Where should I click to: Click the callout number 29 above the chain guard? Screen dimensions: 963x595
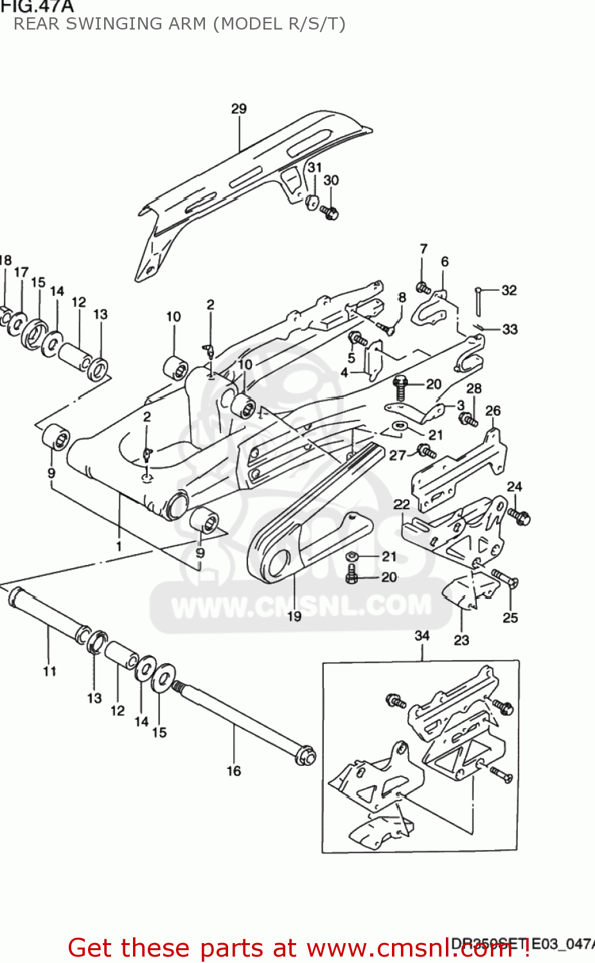(238, 108)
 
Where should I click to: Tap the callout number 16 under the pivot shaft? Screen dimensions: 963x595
(234, 770)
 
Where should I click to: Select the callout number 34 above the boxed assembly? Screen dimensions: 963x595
(422, 635)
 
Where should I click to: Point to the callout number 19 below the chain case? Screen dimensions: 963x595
(294, 616)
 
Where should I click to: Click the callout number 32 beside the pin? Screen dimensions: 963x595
(509, 290)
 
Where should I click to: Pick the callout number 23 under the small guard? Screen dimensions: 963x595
(461, 639)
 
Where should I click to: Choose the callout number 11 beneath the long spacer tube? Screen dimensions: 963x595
(50, 671)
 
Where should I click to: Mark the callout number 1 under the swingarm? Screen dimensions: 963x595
(119, 546)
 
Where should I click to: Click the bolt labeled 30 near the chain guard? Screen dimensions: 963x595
(330, 213)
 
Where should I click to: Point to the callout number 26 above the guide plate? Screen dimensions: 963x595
(493, 410)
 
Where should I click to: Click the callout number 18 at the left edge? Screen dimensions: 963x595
(5, 260)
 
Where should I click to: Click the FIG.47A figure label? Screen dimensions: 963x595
(37, 7)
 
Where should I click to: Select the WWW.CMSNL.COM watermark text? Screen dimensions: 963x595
(301, 605)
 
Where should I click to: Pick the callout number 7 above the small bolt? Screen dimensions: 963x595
(423, 248)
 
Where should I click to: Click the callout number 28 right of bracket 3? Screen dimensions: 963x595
(474, 388)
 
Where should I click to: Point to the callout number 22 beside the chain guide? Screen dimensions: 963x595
(402, 504)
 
